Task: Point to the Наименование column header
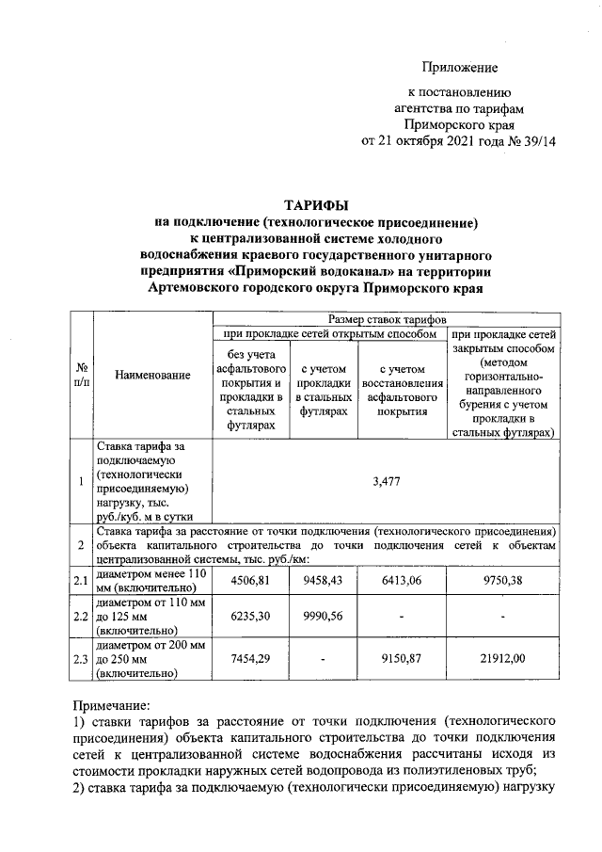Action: click(152, 376)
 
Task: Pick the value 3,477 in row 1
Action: click(387, 481)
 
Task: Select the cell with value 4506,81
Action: click(250, 580)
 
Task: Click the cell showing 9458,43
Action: click(323, 580)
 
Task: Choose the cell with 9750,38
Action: click(505, 580)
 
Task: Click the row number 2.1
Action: click(81, 581)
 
